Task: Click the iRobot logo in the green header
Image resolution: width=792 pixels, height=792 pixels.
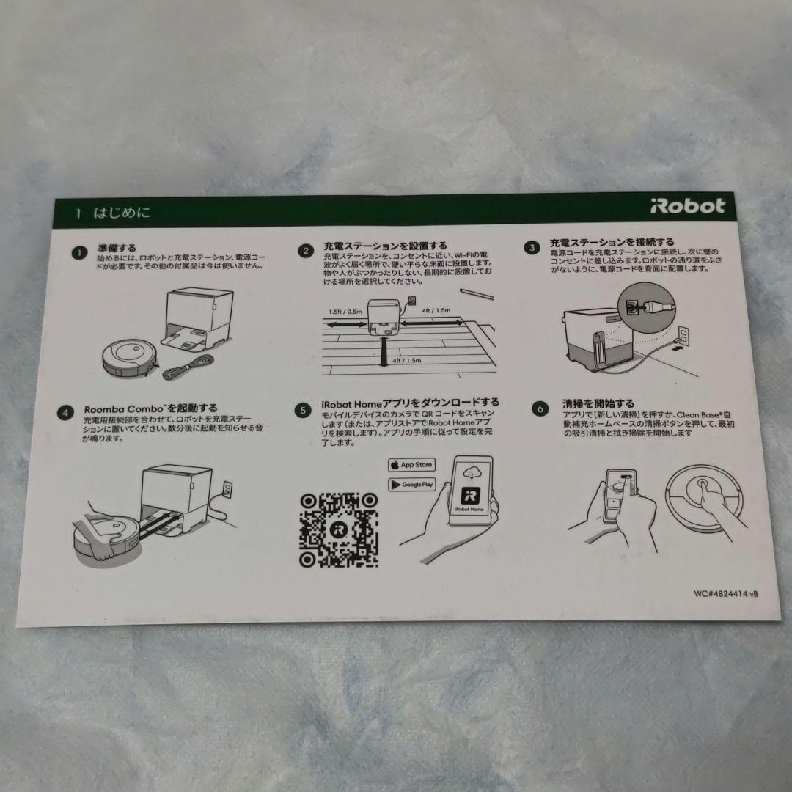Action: click(687, 207)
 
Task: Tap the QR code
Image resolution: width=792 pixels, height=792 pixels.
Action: click(338, 529)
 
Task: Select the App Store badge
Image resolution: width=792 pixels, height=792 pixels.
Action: click(411, 465)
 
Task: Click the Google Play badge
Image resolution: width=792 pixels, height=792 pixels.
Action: click(411, 485)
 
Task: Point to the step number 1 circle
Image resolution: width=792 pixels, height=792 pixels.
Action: click(78, 253)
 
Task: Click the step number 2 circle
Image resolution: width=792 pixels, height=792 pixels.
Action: click(305, 251)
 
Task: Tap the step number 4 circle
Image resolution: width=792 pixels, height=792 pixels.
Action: click(66, 412)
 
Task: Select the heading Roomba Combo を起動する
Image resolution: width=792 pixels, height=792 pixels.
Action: click(150, 408)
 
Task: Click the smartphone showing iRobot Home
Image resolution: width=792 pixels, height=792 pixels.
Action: click(469, 490)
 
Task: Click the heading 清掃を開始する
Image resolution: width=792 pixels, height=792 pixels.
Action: click(588, 403)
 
